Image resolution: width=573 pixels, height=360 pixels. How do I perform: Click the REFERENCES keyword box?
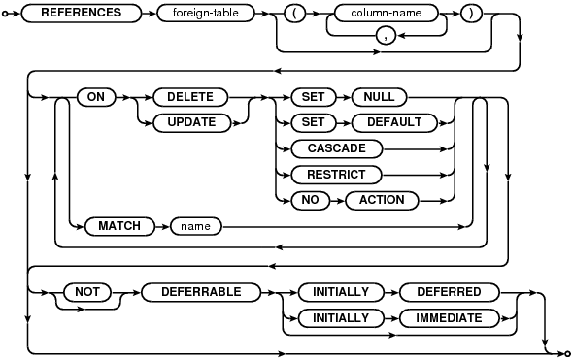click(82, 14)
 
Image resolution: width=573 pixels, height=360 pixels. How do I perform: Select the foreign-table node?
click(205, 14)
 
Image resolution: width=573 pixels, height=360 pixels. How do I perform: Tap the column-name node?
click(387, 14)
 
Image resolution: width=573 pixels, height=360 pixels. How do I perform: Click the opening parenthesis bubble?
click(294, 14)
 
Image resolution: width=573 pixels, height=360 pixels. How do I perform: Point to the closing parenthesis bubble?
click(471, 14)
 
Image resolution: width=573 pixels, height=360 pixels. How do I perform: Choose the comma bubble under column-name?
click(386, 36)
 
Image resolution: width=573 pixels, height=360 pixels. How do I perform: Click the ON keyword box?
click(96, 97)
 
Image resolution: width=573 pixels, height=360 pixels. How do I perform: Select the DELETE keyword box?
click(190, 97)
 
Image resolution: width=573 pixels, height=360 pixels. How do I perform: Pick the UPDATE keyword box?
click(191, 122)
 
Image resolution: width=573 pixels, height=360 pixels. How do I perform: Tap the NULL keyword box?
click(379, 97)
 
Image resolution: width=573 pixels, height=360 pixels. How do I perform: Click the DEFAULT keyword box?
click(394, 122)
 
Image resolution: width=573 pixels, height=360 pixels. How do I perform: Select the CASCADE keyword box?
click(337, 149)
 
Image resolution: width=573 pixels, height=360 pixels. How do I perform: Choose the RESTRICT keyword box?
click(336, 175)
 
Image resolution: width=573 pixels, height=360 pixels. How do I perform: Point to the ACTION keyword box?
click(382, 201)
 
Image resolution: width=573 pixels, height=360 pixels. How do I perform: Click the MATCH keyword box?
click(119, 226)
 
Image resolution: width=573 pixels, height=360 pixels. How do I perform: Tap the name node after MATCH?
click(196, 226)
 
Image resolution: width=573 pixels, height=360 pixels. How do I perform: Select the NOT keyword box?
click(87, 292)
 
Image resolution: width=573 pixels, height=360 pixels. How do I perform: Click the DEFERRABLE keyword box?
click(201, 292)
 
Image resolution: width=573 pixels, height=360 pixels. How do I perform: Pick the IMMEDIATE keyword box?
click(449, 318)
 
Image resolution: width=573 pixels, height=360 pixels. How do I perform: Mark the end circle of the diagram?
click(567, 353)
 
